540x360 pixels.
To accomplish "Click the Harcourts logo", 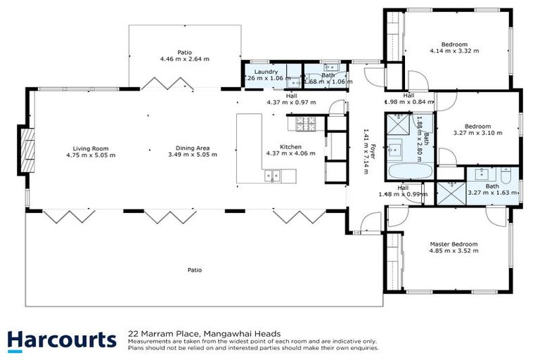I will pos(62,340).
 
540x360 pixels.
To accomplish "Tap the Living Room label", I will pos(91,148).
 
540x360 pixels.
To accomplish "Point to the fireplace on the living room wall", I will pos(27,149).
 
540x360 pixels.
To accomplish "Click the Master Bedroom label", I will pos(454,245).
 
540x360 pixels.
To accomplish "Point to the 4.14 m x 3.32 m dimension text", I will pos(454,51).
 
